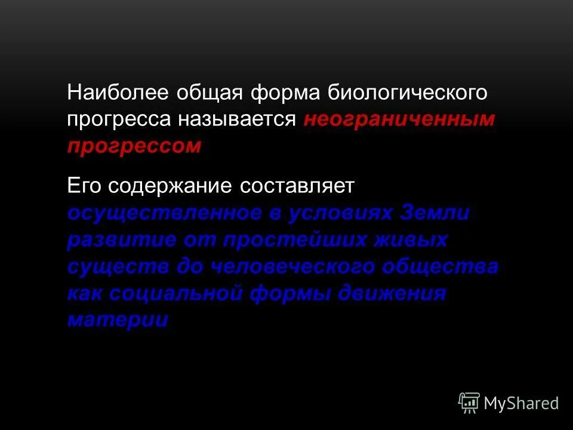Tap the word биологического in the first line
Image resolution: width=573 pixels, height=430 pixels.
pyautogui.click(x=408, y=94)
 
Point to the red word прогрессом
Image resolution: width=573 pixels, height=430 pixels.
pyautogui.click(x=134, y=146)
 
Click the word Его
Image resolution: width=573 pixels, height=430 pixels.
pyautogui.click(x=85, y=186)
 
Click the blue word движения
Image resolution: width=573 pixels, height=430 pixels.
pyautogui.click(x=391, y=293)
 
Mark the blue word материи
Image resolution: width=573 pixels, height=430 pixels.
pyautogui.click(x=118, y=320)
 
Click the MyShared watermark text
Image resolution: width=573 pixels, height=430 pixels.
pyautogui.click(x=521, y=404)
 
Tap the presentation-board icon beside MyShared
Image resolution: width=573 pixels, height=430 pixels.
pyautogui.click(x=469, y=403)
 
